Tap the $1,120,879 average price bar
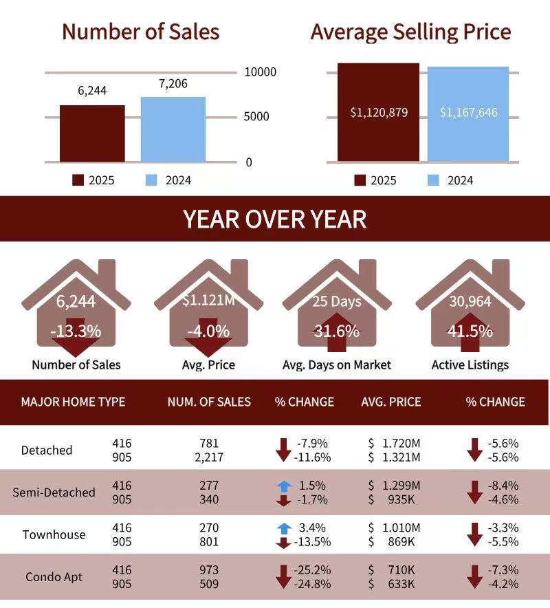[x=379, y=113]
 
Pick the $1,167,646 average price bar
[x=468, y=114]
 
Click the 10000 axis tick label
[x=260, y=72]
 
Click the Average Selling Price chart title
[x=410, y=32]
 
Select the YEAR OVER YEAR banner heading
[x=275, y=219]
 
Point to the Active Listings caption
[x=470, y=365]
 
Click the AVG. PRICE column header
[x=391, y=402]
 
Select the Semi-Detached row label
[x=54, y=492]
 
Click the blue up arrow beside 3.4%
[x=284, y=528]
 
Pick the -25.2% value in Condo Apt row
[x=313, y=570]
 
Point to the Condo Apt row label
[x=54, y=576]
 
